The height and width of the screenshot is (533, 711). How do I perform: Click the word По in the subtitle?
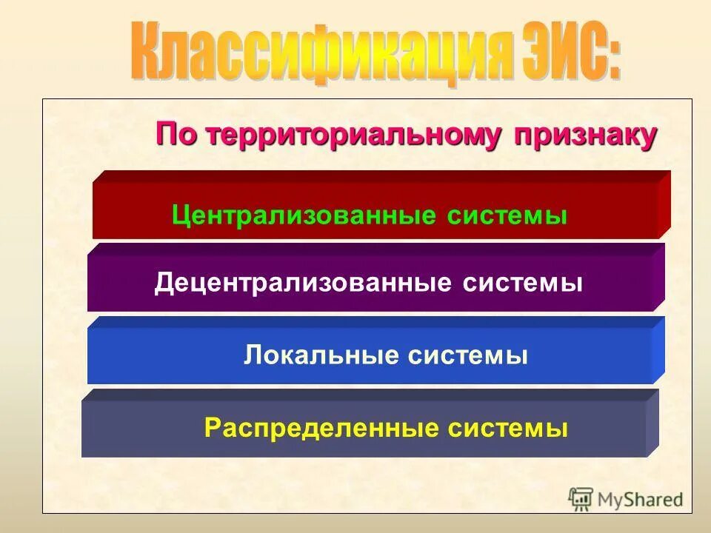(x=177, y=135)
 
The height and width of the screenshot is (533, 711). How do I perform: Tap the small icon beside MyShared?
(x=581, y=499)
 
